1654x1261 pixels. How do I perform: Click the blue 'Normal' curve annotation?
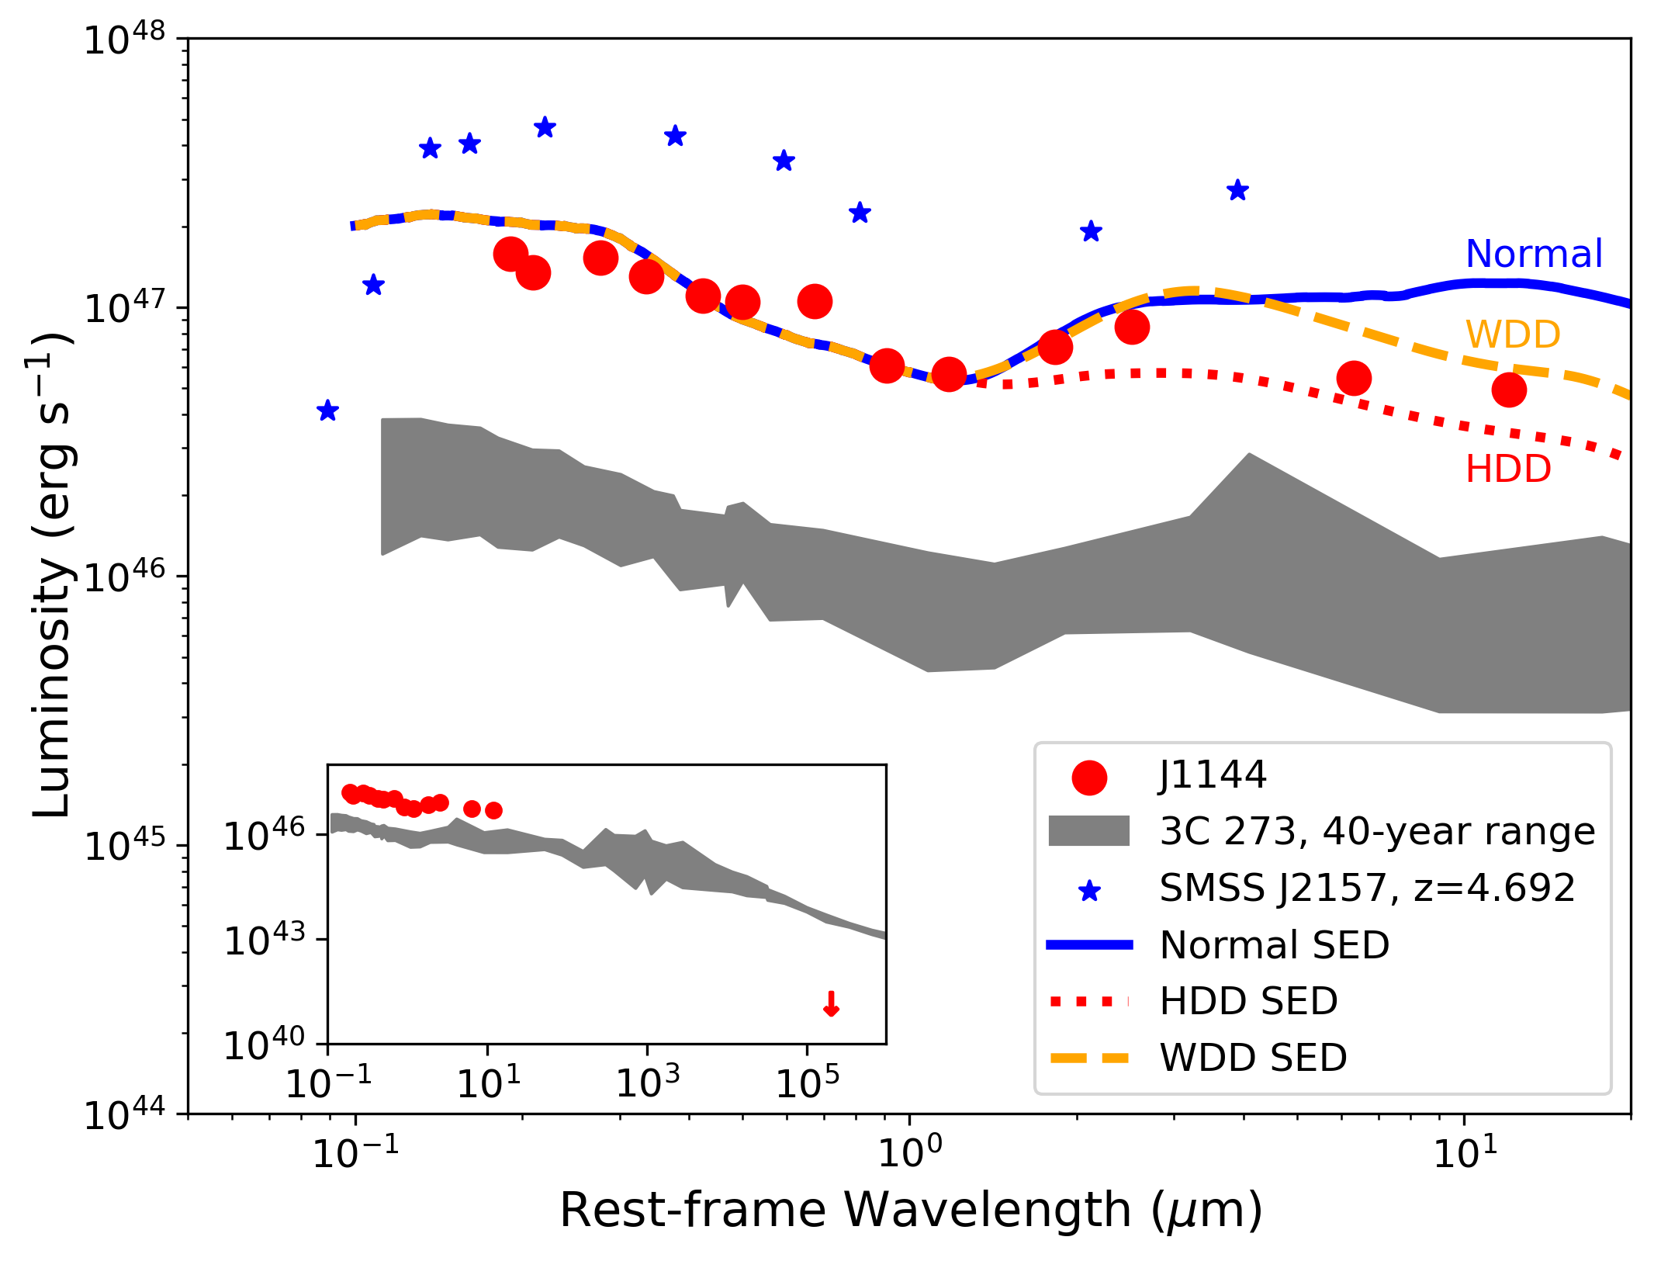[x=1533, y=254]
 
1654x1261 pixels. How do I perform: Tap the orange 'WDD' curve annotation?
[x=1512, y=334]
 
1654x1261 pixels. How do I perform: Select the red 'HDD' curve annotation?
[x=1507, y=469]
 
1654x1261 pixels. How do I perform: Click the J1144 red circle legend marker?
[x=1088, y=778]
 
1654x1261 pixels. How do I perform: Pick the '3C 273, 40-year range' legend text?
[x=1377, y=831]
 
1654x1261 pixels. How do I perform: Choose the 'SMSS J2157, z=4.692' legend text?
[x=1367, y=888]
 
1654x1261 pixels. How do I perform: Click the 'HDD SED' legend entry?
[x=1248, y=1001]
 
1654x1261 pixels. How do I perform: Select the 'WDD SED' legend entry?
[x=1253, y=1058]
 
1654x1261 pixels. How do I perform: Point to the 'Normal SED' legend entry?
[x=1274, y=944]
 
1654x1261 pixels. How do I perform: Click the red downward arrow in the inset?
[x=831, y=1004]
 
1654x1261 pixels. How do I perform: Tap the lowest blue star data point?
[x=327, y=411]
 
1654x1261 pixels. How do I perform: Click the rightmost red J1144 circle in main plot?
[x=1509, y=390]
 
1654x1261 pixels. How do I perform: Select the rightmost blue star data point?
[x=1237, y=190]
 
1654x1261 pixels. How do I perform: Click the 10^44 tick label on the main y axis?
[x=124, y=1115]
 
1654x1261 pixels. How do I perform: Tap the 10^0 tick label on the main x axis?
[x=909, y=1152]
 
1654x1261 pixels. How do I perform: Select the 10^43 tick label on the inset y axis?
[x=265, y=941]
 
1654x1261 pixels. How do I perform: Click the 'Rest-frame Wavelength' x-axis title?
[x=911, y=1210]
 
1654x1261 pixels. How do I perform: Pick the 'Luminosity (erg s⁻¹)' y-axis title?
[x=53, y=574]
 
